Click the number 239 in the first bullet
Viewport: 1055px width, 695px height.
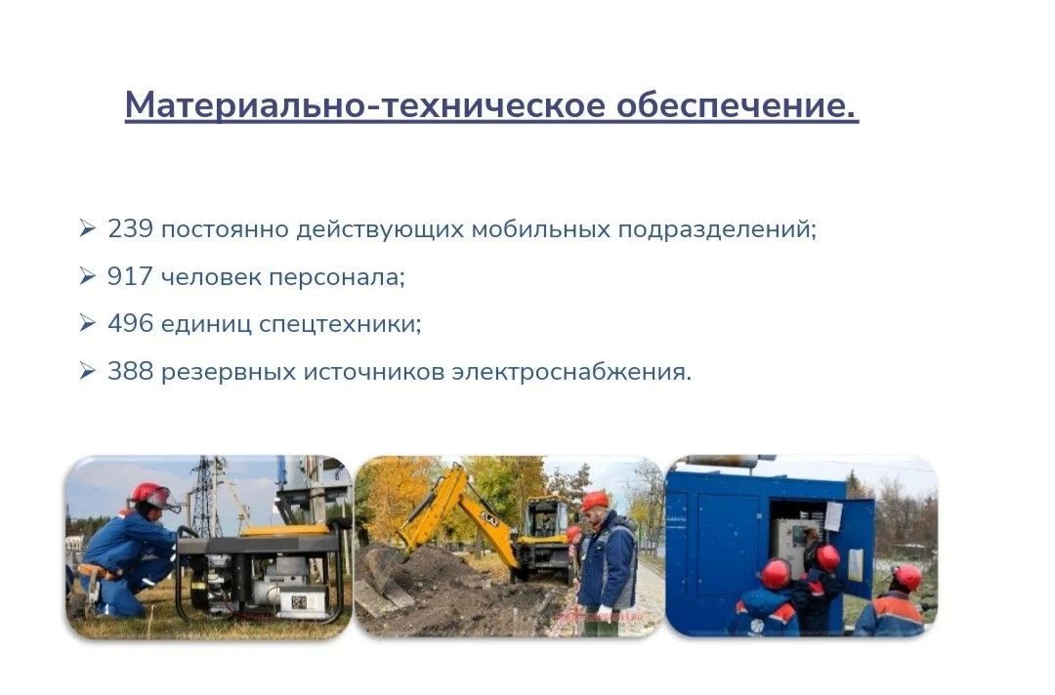131,229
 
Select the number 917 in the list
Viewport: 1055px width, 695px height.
130,276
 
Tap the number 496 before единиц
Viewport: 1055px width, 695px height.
131,323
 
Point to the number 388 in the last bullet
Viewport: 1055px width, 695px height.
131,371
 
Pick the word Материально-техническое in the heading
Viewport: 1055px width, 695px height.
365,104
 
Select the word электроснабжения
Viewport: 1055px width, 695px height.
571,372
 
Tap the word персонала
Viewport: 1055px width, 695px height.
337,277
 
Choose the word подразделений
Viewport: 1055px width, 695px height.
717,230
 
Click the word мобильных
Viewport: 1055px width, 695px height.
541,229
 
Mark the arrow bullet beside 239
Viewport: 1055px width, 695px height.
88,228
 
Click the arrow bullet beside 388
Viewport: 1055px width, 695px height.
88,370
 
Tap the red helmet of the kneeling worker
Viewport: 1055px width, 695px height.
152,495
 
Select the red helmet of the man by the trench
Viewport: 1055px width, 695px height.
595,500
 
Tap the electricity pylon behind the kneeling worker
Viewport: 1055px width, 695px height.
207,498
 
